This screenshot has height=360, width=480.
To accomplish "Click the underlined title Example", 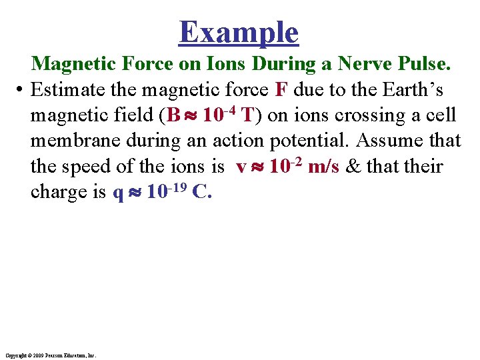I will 239,32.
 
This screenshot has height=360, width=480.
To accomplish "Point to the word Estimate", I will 69,89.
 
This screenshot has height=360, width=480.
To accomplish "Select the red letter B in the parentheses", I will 173,115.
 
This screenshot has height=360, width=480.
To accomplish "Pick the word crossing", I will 374,115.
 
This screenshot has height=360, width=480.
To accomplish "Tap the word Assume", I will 387,141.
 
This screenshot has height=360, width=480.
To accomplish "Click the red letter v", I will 241,167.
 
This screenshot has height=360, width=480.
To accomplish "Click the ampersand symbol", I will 354,166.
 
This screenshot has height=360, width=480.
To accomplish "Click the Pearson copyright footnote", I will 50,355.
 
